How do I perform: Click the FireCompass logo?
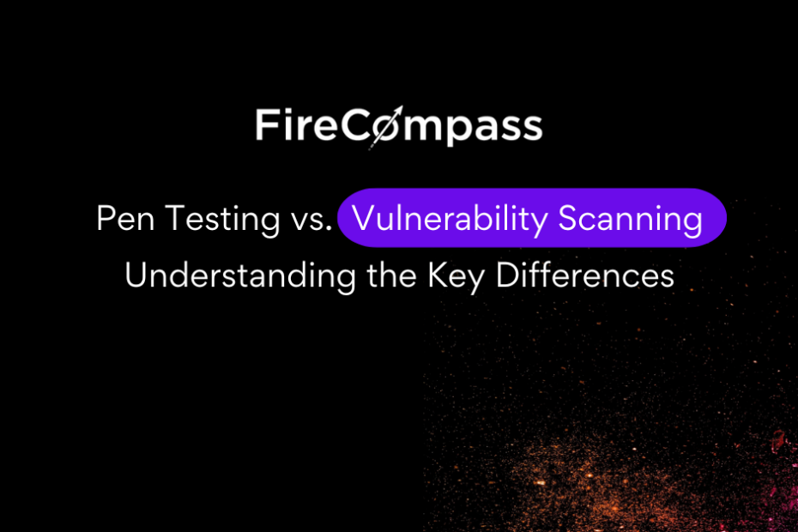[x=399, y=127]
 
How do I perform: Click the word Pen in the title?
[x=125, y=219]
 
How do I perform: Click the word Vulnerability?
[x=450, y=220]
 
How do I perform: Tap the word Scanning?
[x=631, y=220]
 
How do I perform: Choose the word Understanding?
[x=240, y=276]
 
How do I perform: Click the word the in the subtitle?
[x=391, y=275]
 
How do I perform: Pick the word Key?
[x=456, y=277]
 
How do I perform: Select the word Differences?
[x=584, y=275]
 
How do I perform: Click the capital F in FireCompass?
[x=266, y=124]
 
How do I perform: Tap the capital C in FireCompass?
[x=355, y=124]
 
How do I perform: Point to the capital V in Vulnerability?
[x=365, y=219]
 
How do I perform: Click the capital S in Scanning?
[x=569, y=219]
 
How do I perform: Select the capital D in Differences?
[x=509, y=275]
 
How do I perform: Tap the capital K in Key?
[x=438, y=275]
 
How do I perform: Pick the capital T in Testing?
[x=176, y=219]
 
